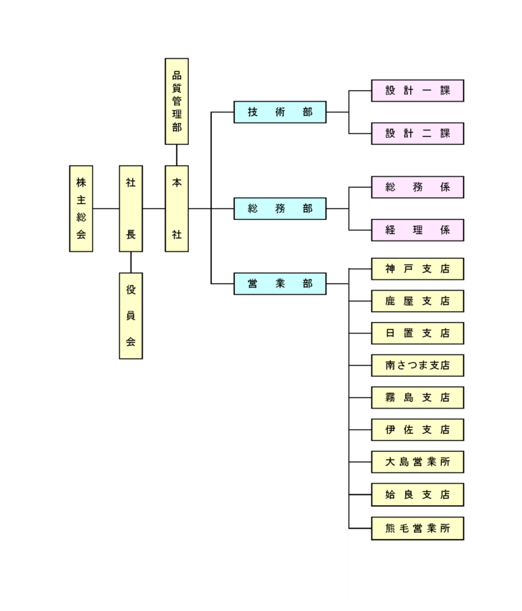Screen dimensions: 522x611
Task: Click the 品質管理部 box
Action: pyautogui.click(x=177, y=102)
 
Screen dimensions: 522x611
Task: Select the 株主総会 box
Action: pyautogui.click(x=81, y=208)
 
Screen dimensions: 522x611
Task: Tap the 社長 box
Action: pyautogui.click(x=130, y=208)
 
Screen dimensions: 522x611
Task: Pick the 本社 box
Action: pyautogui.click(x=177, y=208)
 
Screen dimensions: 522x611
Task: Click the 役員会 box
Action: pyautogui.click(x=130, y=316)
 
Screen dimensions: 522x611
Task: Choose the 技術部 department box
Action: pyautogui.click(x=280, y=112)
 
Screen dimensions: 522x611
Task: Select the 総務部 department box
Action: pyautogui.click(x=280, y=208)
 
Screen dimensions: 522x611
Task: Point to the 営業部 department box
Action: pyautogui.click(x=280, y=284)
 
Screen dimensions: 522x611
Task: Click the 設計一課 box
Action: pyautogui.click(x=417, y=91)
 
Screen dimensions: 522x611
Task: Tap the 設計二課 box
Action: pyautogui.click(x=417, y=134)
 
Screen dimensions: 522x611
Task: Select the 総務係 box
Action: pyautogui.click(x=417, y=187)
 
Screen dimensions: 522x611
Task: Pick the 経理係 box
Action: pyautogui.click(x=417, y=230)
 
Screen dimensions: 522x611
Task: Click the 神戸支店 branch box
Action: pyautogui.click(x=417, y=269)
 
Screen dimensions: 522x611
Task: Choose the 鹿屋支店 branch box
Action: pyautogui.click(x=417, y=301)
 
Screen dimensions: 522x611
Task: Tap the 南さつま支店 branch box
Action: pyautogui.click(x=417, y=365)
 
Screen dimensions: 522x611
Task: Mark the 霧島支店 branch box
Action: pyautogui.click(x=417, y=398)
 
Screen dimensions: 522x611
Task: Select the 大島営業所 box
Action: pyautogui.click(x=417, y=462)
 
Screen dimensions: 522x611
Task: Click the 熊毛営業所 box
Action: pyautogui.click(x=417, y=528)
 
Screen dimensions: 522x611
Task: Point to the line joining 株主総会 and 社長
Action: pyautogui.click(x=106, y=208)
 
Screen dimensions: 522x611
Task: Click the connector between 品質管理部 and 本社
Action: pyautogui.click(x=177, y=155)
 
